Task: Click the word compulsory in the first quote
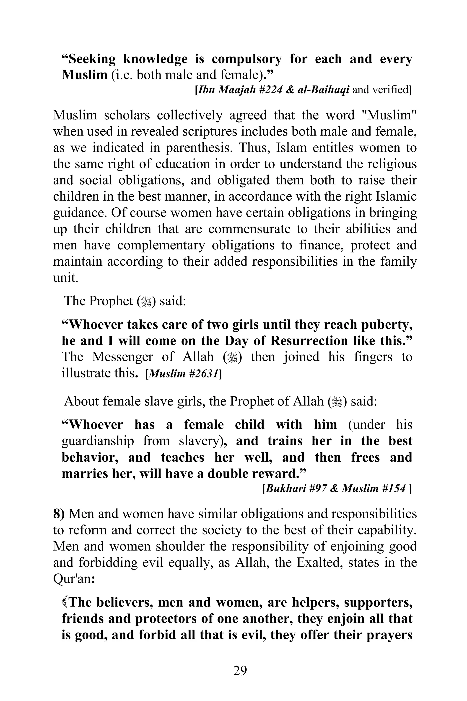[246, 59]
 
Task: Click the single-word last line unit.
[65, 277]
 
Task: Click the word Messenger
[122, 357]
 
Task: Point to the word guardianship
[98, 441]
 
